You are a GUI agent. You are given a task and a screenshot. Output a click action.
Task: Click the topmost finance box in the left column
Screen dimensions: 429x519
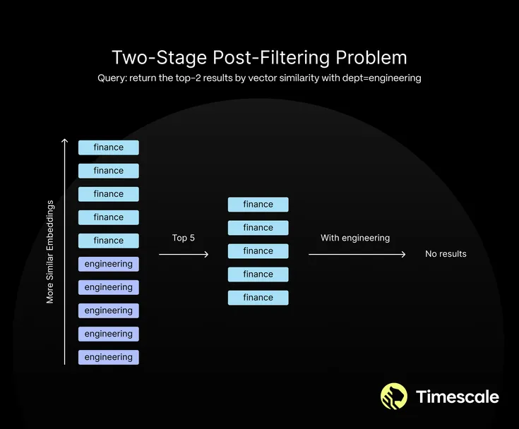(x=109, y=147)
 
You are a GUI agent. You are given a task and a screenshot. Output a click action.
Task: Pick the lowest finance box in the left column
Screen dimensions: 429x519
(x=109, y=241)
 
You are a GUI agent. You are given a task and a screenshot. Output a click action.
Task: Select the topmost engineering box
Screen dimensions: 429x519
(x=109, y=264)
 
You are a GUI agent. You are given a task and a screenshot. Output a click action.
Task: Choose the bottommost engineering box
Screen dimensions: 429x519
(x=109, y=357)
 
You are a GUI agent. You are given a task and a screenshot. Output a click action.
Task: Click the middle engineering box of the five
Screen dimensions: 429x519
(x=109, y=310)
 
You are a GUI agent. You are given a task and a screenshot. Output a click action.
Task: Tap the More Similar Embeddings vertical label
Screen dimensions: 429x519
(x=50, y=251)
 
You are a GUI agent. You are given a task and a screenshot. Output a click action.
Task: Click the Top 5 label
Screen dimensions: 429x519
(x=184, y=238)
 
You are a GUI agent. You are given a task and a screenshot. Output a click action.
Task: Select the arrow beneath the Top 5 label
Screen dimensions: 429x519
(x=184, y=254)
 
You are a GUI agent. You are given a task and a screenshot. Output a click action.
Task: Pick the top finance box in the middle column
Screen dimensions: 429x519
(x=258, y=205)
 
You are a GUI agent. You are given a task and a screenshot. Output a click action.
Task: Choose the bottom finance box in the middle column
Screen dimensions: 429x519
(x=258, y=298)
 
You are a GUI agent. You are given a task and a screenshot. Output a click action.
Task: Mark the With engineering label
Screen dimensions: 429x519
(x=355, y=238)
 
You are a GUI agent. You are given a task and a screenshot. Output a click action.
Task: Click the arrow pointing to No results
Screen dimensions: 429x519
(x=357, y=254)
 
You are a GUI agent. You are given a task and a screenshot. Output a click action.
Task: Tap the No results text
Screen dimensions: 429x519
(x=446, y=254)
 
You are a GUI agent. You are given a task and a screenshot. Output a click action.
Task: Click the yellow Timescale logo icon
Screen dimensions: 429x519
(x=394, y=397)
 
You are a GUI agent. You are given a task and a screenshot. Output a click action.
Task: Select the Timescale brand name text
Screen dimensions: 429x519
(x=458, y=397)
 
